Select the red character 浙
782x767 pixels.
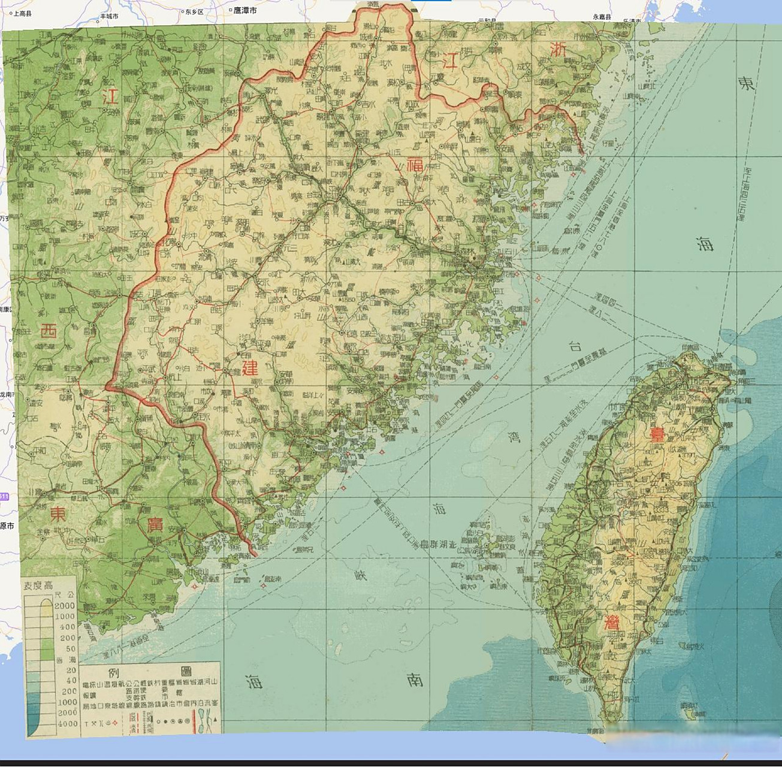point(558,50)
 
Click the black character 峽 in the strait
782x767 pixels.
point(361,575)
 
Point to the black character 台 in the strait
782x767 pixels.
point(575,346)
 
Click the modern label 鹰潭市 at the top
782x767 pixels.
point(244,11)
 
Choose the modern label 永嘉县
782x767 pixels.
point(602,17)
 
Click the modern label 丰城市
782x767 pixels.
point(109,16)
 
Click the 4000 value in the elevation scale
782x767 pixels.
point(66,723)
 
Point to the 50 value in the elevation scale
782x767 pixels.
point(71,649)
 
